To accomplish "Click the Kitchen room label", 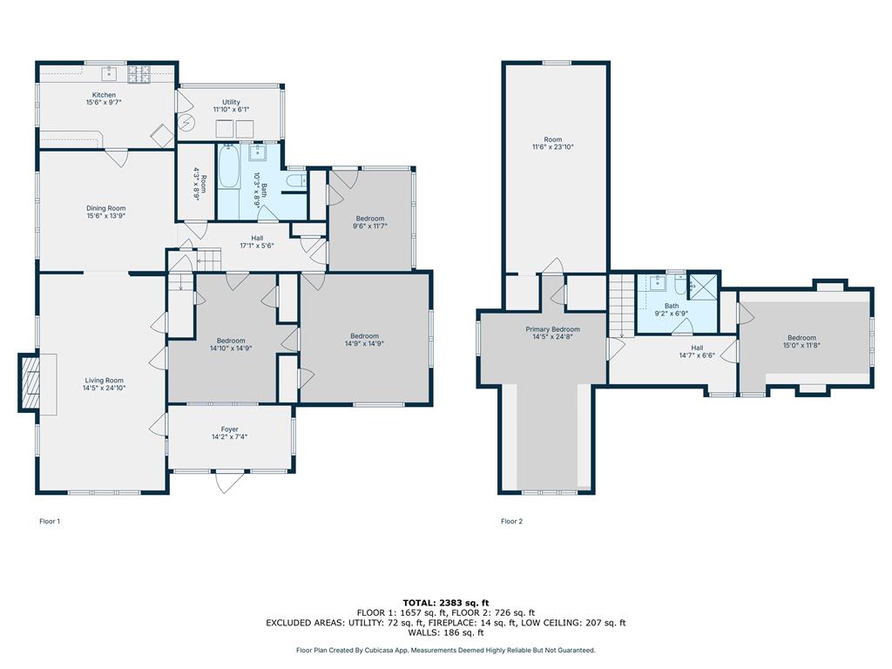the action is pyautogui.click(x=105, y=95).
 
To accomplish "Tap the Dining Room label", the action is pyautogui.click(x=105, y=208).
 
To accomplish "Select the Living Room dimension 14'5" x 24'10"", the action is pyautogui.click(x=105, y=388).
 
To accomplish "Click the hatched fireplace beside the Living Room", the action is pyautogui.click(x=29, y=382).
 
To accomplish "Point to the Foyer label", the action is pyautogui.click(x=229, y=429).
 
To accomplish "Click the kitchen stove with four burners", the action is pyautogui.click(x=139, y=73).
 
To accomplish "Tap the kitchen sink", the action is pyautogui.click(x=109, y=73).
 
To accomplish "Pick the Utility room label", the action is pyautogui.click(x=231, y=102).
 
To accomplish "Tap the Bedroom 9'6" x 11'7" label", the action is pyautogui.click(x=369, y=219).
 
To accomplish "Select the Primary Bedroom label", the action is pyautogui.click(x=552, y=329).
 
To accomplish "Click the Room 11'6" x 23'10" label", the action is pyautogui.click(x=552, y=139).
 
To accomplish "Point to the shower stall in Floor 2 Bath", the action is pyautogui.click(x=703, y=287).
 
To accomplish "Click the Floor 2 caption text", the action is pyautogui.click(x=511, y=521).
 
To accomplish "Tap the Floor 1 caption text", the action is pyautogui.click(x=50, y=521).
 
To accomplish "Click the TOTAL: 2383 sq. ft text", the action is pyautogui.click(x=445, y=603).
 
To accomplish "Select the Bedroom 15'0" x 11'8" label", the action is pyautogui.click(x=801, y=338).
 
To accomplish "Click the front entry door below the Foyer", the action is pyautogui.click(x=230, y=481).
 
